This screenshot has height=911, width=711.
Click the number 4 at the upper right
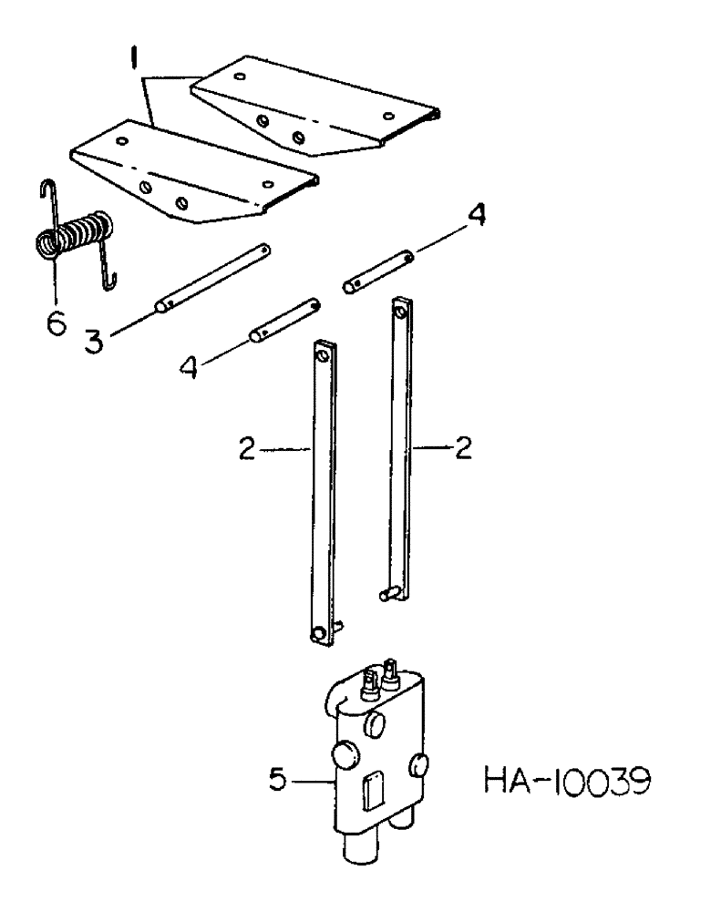click(476, 219)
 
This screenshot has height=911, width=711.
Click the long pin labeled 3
click(214, 276)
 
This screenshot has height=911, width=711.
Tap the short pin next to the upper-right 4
click(378, 272)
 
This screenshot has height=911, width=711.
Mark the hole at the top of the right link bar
click(399, 312)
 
